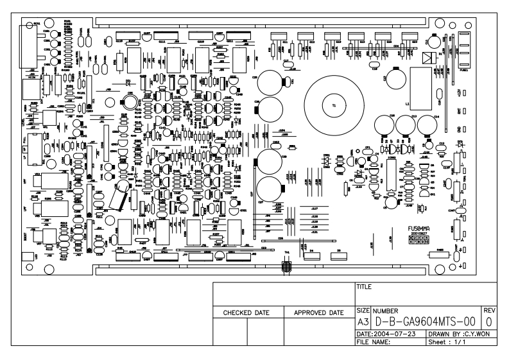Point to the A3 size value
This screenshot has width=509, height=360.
(362, 320)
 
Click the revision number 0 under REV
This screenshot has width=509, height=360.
(489, 320)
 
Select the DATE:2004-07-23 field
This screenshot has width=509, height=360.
(387, 334)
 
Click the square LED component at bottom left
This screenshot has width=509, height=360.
(26, 257)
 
